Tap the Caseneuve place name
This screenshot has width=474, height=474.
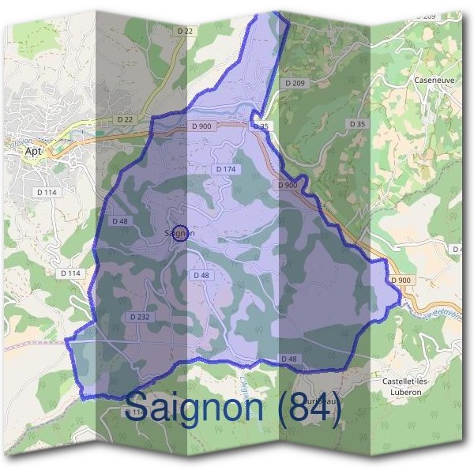click(431, 81)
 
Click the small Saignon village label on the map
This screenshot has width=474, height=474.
click(180, 233)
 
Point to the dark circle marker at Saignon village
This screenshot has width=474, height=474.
click(180, 233)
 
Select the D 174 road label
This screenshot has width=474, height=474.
click(225, 170)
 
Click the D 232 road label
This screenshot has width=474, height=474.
click(138, 317)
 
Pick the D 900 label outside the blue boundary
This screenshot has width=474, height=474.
click(401, 280)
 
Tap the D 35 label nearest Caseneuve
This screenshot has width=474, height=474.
click(357, 124)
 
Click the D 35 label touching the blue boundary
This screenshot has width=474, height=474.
click(261, 126)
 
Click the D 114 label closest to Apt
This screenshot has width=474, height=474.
click(46, 192)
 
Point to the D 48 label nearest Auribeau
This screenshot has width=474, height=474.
click(290, 359)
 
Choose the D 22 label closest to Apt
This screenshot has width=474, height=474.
click(125, 119)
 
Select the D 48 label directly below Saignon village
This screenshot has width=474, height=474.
click(201, 275)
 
